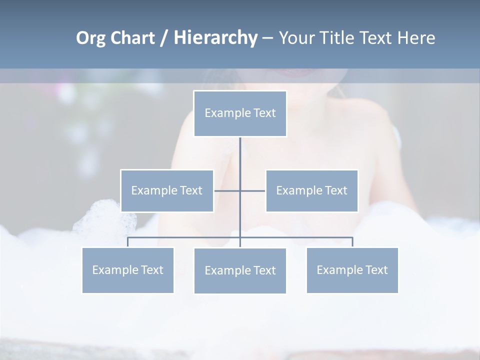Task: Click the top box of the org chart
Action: pyautogui.click(x=240, y=113)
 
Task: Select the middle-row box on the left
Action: pyautogui.click(x=166, y=190)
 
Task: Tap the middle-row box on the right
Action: pyautogui.click(x=311, y=190)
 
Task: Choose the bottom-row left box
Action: pyautogui.click(x=127, y=270)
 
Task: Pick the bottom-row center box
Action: pyautogui.click(x=240, y=270)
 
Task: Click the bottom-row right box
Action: pyautogui.click(x=352, y=270)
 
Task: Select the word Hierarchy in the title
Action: pyautogui.click(x=215, y=38)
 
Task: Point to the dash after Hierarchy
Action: pyautogui.click(x=267, y=38)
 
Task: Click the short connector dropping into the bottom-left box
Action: pyautogui.click(x=127, y=242)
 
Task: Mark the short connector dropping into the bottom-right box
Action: pyautogui.click(x=352, y=242)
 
